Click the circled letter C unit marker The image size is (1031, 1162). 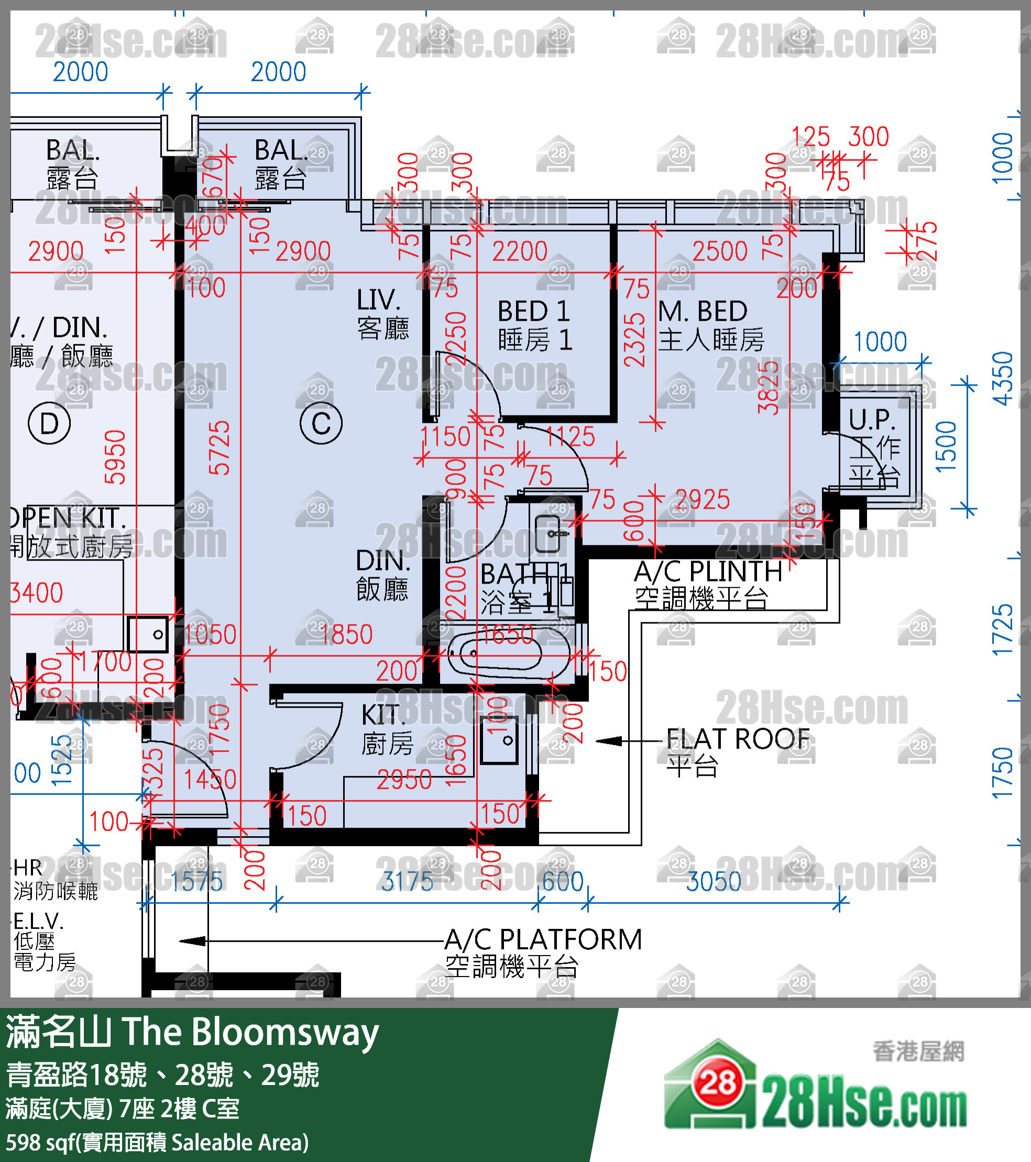pos(321,423)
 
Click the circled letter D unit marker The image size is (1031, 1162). pos(49,423)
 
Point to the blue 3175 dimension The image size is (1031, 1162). pos(407,882)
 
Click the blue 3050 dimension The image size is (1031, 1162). pos(714,882)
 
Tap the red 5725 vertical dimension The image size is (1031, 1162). pos(220,448)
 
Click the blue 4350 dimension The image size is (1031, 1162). pos(1002,379)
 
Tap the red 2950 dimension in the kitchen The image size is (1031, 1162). pos(404,780)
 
